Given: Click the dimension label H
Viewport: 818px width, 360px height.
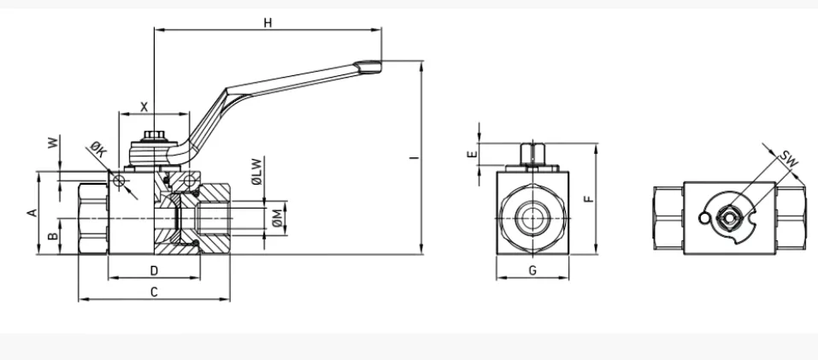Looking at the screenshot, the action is (x=268, y=22).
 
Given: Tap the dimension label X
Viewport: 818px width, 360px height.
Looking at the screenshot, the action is (x=144, y=107).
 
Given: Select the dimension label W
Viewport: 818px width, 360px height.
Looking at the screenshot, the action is (x=53, y=142).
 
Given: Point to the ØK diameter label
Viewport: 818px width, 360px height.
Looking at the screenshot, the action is (x=98, y=149).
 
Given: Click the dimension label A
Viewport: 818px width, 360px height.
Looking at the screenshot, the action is (x=32, y=213).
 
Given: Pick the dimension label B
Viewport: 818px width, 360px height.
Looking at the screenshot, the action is (x=53, y=236).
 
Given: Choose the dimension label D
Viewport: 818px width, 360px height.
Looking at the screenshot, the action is (x=154, y=270).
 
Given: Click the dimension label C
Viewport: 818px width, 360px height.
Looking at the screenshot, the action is (x=154, y=292).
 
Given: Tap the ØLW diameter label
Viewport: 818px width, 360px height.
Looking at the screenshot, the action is (x=256, y=172).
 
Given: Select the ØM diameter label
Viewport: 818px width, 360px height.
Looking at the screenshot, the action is (x=278, y=219).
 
